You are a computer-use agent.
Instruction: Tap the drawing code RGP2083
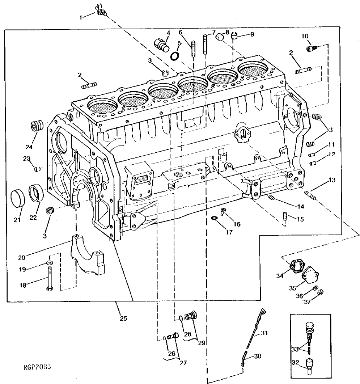[37, 366]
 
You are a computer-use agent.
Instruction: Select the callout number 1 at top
[81, 17]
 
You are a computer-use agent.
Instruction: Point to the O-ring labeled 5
[175, 56]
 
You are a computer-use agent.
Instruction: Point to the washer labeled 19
[49, 262]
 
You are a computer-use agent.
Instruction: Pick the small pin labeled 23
[37, 169]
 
